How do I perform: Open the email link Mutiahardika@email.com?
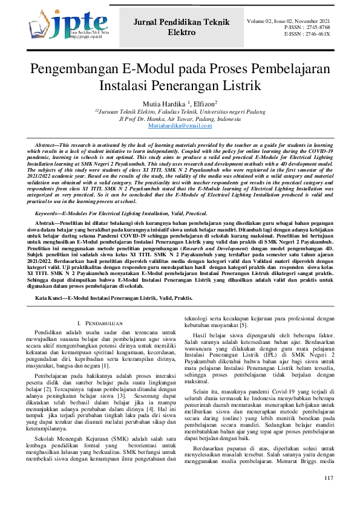click(180, 125)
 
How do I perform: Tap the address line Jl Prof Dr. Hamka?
click(180, 118)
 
